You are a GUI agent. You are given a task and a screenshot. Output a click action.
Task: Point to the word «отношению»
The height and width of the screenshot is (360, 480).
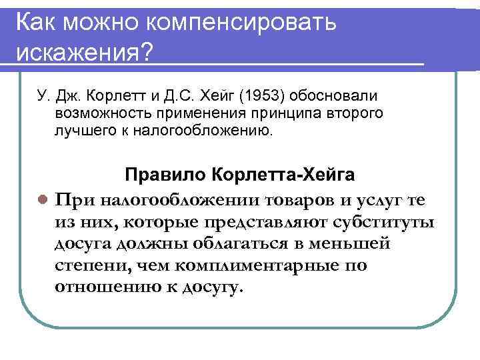coord(107,288)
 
